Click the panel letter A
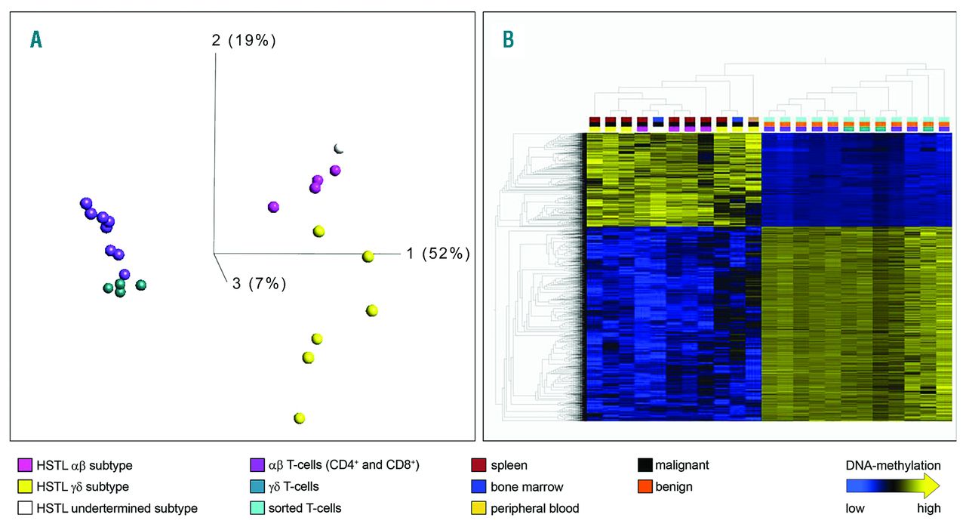pos(35,40)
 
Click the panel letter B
pos(509,40)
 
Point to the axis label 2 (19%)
pos(244,41)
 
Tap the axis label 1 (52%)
pos(438,254)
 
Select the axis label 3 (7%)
pos(259,284)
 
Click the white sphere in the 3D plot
pos(339,148)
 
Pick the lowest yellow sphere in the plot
pos(300,418)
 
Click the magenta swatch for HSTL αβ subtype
pos(25,466)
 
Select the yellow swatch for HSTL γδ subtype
pos(25,487)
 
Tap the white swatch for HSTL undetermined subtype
pos(25,508)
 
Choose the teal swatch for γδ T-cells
pos(256,487)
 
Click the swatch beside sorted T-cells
pos(256,508)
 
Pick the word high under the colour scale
pos(928,509)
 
